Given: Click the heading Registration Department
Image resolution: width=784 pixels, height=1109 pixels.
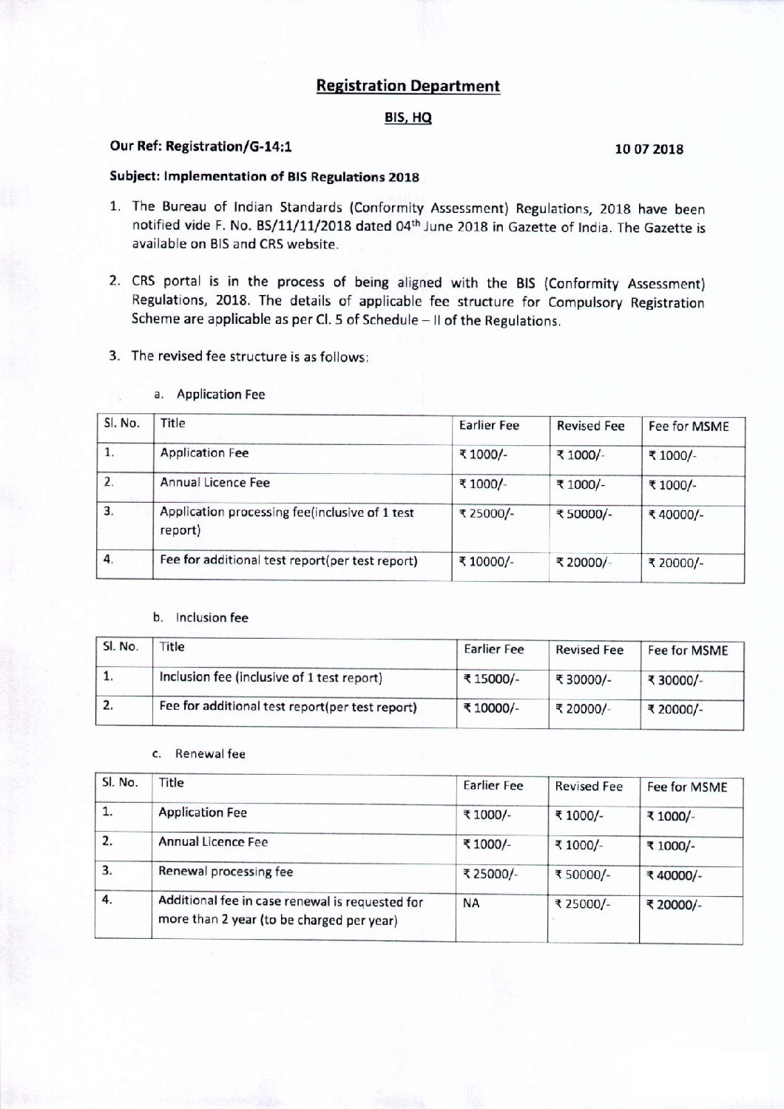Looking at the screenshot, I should pyautogui.click(x=408, y=86).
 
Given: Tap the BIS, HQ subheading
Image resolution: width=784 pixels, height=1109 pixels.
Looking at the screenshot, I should pyautogui.click(x=408, y=118).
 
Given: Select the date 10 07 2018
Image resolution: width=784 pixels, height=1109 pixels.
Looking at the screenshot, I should pyautogui.click(x=649, y=149).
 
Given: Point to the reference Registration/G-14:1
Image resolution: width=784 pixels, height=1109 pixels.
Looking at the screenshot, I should pyautogui.click(x=229, y=146).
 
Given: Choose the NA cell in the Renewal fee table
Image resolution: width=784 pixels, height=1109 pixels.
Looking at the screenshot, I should pyautogui.click(x=471, y=903).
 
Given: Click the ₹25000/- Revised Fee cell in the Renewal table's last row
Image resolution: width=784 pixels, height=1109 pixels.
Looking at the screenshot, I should pyautogui.click(x=583, y=903).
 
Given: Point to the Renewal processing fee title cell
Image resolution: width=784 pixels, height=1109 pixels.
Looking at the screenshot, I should pyautogui.click(x=226, y=871).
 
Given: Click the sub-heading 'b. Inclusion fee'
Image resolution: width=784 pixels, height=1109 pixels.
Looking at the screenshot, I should pyautogui.click(x=200, y=617).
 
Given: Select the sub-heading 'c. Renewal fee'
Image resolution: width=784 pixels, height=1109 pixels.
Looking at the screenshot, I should pyautogui.click(x=199, y=753).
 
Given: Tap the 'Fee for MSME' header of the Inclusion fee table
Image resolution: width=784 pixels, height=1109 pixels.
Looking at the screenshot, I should pyautogui.click(x=688, y=651).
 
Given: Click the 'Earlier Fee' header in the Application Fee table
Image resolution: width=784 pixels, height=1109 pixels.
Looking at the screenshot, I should pyautogui.click(x=489, y=425).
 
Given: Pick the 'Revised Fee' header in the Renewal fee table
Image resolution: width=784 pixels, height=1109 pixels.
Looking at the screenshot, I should pyautogui.click(x=589, y=786).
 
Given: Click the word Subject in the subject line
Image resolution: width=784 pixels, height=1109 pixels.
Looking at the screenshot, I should pyautogui.click(x=135, y=177).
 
